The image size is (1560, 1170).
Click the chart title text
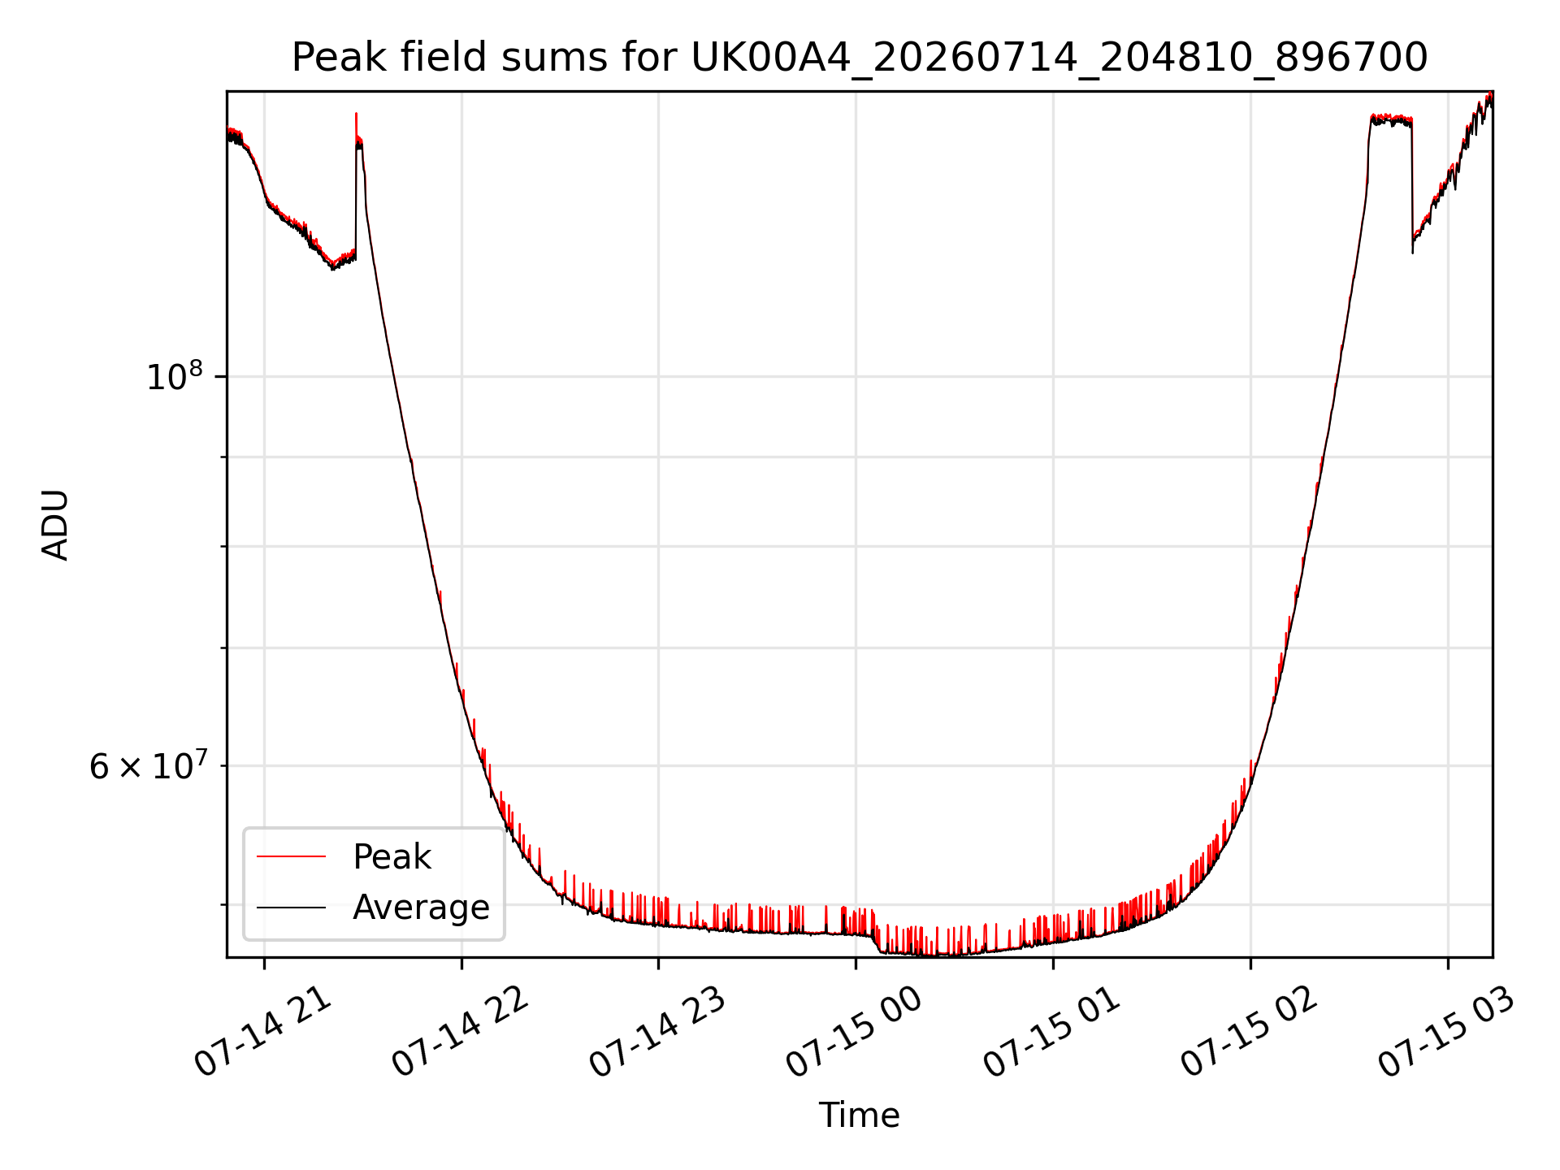(860, 58)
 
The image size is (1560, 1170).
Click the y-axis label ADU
(55, 525)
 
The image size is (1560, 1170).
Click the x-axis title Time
(859, 1116)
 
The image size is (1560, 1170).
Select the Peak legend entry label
(392, 857)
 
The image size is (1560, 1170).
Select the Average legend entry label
(421, 908)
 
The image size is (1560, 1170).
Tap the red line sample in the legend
(291, 856)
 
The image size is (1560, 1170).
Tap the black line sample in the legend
(291, 907)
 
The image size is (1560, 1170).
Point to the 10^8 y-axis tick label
(174, 376)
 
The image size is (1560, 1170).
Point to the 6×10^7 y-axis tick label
(147, 765)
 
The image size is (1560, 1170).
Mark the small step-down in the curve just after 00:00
(877, 943)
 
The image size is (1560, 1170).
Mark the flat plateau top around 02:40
(1391, 120)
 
